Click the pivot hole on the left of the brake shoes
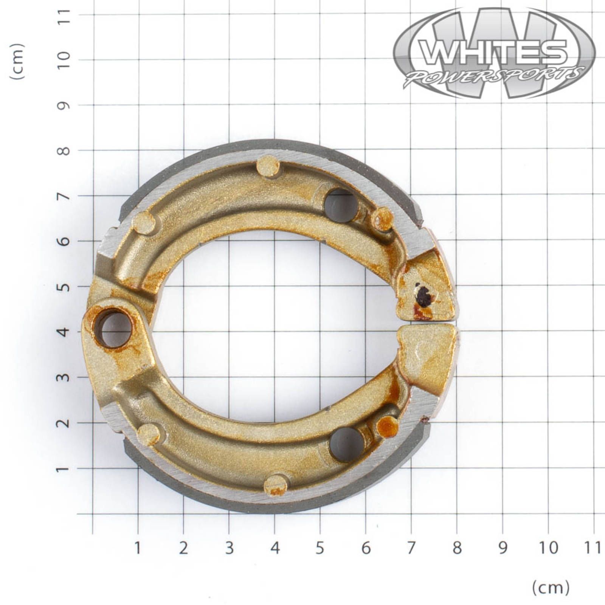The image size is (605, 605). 113,328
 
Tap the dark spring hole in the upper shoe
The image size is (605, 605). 341,205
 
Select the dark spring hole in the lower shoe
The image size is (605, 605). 347,444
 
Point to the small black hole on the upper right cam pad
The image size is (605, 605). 423,296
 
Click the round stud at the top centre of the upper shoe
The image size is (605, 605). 268,166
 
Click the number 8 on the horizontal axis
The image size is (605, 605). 457,548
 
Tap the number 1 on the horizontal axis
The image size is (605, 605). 138,548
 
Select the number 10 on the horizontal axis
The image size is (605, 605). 549,548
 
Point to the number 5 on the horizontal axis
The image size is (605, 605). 320,548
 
